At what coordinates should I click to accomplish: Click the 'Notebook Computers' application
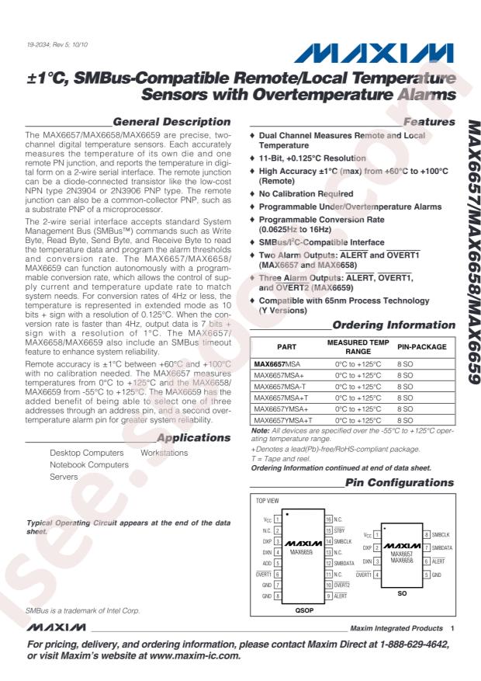(x=89, y=464)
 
